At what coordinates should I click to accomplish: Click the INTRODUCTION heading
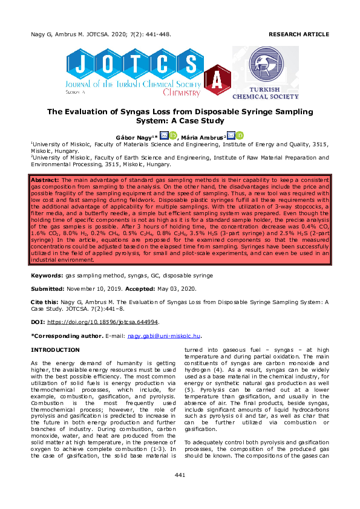point(55,350)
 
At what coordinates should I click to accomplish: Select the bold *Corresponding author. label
point(66,336)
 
